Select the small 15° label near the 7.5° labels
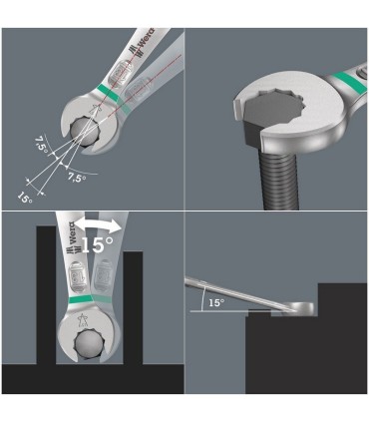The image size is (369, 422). coord(24,196)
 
